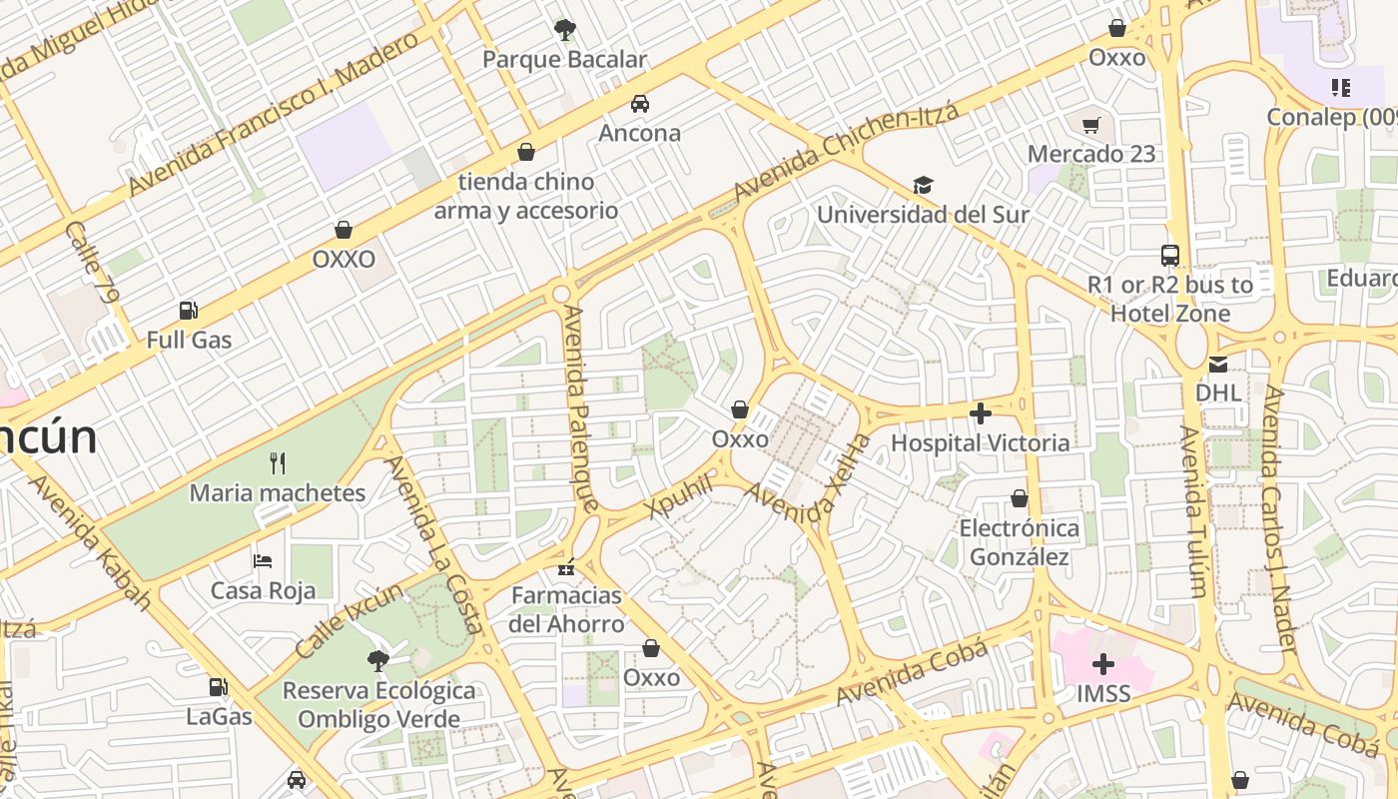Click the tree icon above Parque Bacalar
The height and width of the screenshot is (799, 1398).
coord(565,30)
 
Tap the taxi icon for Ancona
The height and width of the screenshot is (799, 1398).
coord(639,104)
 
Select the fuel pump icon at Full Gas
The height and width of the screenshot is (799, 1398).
coord(188,311)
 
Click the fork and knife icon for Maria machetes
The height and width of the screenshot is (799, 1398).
coord(278,463)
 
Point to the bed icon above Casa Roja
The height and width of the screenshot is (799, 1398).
coord(263,561)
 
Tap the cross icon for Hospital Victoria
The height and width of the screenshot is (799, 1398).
coord(981,412)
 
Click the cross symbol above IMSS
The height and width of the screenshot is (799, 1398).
coord(1103,664)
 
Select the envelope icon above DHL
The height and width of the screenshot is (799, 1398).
coord(1218,364)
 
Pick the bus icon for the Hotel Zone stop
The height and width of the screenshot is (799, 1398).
coord(1170,256)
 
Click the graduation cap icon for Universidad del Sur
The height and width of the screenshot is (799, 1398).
coord(923,186)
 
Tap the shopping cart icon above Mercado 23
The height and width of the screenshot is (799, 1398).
coord(1091,125)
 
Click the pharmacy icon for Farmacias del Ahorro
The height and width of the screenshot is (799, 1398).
coord(566,567)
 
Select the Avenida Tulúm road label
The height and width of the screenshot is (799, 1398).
coord(1193,511)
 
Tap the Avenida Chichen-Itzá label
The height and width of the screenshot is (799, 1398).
coord(846,150)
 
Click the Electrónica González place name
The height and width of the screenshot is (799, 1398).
coord(1020,542)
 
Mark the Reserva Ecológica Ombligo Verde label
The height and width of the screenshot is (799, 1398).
coord(378,705)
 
